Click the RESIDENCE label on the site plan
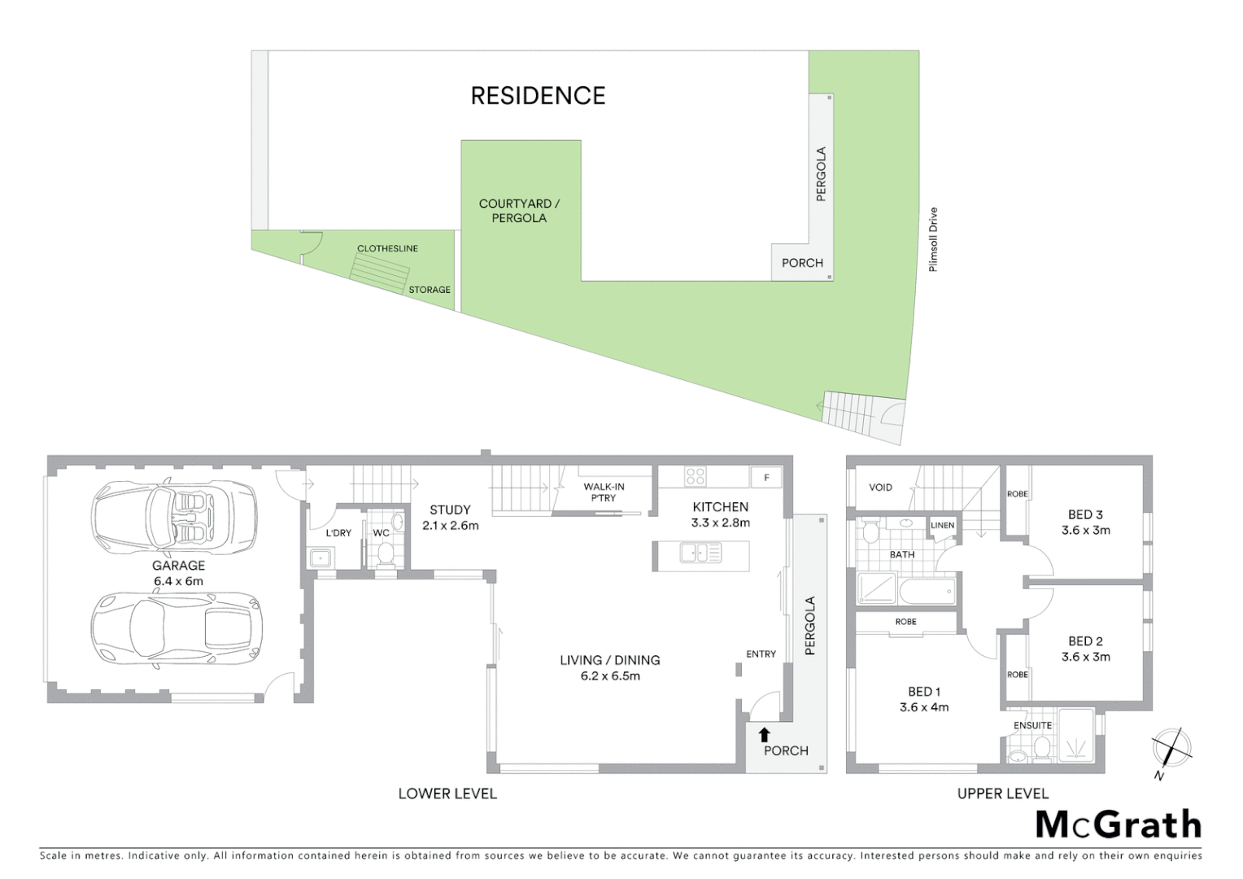click(x=538, y=96)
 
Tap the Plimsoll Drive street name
click(x=933, y=239)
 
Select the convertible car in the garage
click(x=175, y=515)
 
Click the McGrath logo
click(x=1118, y=824)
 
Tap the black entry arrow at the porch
click(x=763, y=735)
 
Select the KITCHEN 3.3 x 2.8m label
click(x=720, y=514)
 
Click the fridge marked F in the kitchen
click(x=765, y=477)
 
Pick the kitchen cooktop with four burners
click(x=695, y=475)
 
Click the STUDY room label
click(x=450, y=510)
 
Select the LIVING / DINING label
click(x=609, y=660)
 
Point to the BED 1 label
click(x=924, y=692)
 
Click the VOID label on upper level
click(x=880, y=488)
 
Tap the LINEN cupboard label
click(x=942, y=525)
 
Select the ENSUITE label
click(x=1032, y=725)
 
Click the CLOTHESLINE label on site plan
click(x=387, y=248)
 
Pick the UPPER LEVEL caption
click(x=1002, y=794)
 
